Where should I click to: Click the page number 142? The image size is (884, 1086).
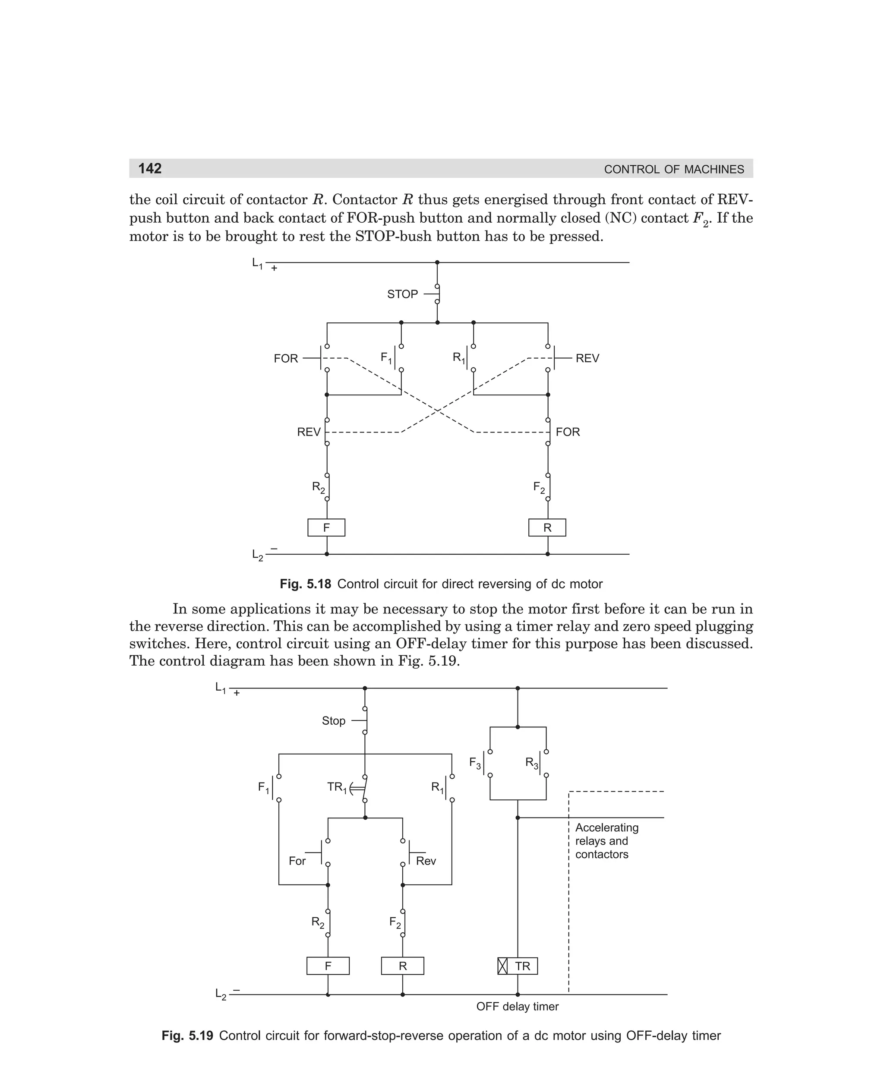pyautogui.click(x=150, y=168)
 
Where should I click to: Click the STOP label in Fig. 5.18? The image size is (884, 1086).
pyautogui.click(x=402, y=294)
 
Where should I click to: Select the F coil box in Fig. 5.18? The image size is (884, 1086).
pyautogui.click(x=326, y=527)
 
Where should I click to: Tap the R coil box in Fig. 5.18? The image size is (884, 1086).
pyautogui.click(x=547, y=527)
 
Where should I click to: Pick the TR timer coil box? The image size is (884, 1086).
pyautogui.click(x=518, y=966)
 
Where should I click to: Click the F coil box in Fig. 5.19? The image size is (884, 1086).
pyautogui.click(x=328, y=966)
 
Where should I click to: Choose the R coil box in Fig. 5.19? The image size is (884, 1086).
pyautogui.click(x=403, y=966)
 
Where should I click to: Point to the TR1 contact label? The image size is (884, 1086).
pyautogui.click(x=337, y=788)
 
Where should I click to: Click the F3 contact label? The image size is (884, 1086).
pyautogui.click(x=475, y=763)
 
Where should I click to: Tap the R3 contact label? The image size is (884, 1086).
pyautogui.click(x=531, y=763)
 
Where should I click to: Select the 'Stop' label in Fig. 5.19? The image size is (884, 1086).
pyautogui.click(x=334, y=721)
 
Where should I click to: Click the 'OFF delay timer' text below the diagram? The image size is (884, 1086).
pyautogui.click(x=518, y=1007)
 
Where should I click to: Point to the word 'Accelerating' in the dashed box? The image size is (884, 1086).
pyautogui.click(x=606, y=828)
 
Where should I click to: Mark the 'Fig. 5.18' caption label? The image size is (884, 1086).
pyautogui.click(x=306, y=584)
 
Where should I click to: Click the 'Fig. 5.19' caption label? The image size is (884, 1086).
pyautogui.click(x=187, y=1035)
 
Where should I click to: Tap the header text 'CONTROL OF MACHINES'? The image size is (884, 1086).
pyautogui.click(x=674, y=170)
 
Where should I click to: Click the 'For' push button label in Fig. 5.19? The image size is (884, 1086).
pyautogui.click(x=297, y=861)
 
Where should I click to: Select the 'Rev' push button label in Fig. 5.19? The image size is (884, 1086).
pyautogui.click(x=426, y=861)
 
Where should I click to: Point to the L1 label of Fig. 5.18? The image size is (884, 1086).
pyautogui.click(x=257, y=264)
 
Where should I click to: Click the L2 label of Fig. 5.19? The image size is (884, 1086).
pyautogui.click(x=221, y=994)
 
